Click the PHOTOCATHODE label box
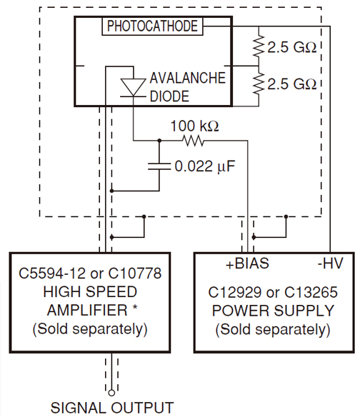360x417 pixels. coord(152,26)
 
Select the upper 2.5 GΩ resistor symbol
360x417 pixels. coord(259,46)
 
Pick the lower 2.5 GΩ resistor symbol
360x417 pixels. coord(259,83)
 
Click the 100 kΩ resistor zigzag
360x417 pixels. coord(193,141)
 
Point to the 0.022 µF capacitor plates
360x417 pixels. coord(159,166)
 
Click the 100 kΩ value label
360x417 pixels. coord(195,126)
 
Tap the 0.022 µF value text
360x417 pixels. coord(205,166)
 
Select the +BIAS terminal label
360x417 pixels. coord(247,263)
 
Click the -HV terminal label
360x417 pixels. coord(331,263)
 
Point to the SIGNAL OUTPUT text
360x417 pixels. coord(112,408)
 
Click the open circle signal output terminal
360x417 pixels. coord(111,393)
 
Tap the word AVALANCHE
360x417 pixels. coord(188,78)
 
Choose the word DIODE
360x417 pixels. coord(169,96)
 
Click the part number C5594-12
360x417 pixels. coord(52,273)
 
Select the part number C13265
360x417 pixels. coord(311,292)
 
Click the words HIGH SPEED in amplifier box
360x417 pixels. coord(90,292)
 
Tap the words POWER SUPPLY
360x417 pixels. coord(273,311)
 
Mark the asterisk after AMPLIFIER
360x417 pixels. coord(135,308)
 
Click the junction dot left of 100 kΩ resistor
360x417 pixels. coord(159,141)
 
